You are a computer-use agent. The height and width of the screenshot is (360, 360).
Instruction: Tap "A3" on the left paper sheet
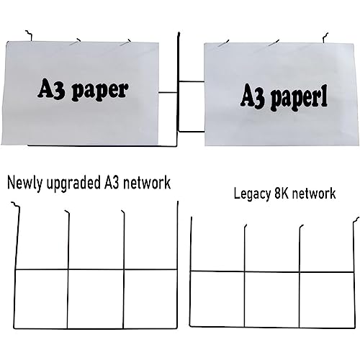coord(51,89)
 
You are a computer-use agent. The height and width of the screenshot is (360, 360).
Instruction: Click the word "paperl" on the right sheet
coord(300,99)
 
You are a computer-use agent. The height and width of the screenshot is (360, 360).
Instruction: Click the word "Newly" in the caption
coord(25,184)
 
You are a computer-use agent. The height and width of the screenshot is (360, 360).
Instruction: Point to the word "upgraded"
coord(73,184)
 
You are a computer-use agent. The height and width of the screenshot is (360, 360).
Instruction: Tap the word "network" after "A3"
coord(147,183)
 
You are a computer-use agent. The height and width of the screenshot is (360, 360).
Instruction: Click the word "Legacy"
coord(252,194)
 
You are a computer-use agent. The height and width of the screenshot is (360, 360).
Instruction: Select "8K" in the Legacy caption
coord(281,193)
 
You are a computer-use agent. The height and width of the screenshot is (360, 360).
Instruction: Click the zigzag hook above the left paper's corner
coord(29,35)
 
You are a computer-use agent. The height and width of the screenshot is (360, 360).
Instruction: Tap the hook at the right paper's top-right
coord(325,38)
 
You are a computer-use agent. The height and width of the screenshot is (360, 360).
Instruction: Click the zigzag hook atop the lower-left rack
coord(16,204)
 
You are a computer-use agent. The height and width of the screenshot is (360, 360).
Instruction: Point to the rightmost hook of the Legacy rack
coord(356,220)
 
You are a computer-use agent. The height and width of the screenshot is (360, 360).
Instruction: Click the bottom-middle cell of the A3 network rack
coord(96,299)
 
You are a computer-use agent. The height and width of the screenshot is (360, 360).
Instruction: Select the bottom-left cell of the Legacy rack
coord(217,299)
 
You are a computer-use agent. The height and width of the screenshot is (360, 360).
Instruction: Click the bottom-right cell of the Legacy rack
coord(327,300)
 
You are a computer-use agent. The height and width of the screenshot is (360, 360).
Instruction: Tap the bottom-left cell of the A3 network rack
coord(41,299)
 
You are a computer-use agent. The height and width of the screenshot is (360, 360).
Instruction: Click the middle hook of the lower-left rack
coord(66,212)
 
